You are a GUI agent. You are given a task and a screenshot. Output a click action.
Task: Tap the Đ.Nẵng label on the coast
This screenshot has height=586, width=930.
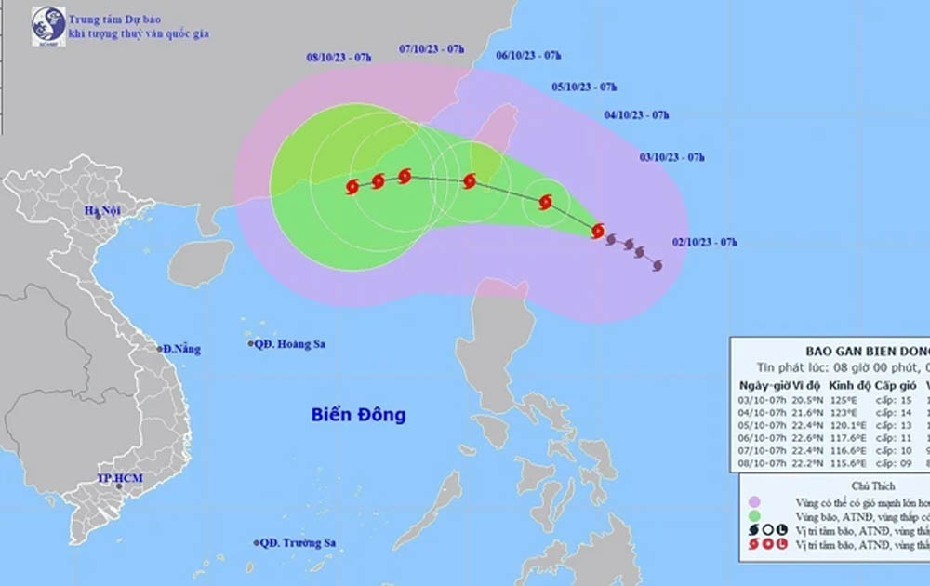[181, 349]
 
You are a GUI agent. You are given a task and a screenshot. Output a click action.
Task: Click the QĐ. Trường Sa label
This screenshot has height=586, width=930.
[298, 542]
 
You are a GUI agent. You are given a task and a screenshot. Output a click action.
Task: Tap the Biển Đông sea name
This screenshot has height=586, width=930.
[358, 415]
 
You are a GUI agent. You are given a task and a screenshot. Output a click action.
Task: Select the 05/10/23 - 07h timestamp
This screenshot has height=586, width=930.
[584, 87]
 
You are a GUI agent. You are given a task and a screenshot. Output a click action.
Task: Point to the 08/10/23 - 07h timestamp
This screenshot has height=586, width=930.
[339, 58]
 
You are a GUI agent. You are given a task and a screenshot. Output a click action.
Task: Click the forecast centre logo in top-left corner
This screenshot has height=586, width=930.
[48, 26]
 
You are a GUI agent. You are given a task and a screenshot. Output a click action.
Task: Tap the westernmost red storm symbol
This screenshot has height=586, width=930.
[352, 186]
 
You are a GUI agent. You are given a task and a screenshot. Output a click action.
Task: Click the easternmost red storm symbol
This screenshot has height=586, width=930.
[598, 229]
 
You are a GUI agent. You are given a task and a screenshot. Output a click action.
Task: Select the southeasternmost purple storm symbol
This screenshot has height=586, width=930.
[658, 266]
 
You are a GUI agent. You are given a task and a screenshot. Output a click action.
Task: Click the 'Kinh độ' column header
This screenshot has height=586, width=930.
[847, 386]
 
